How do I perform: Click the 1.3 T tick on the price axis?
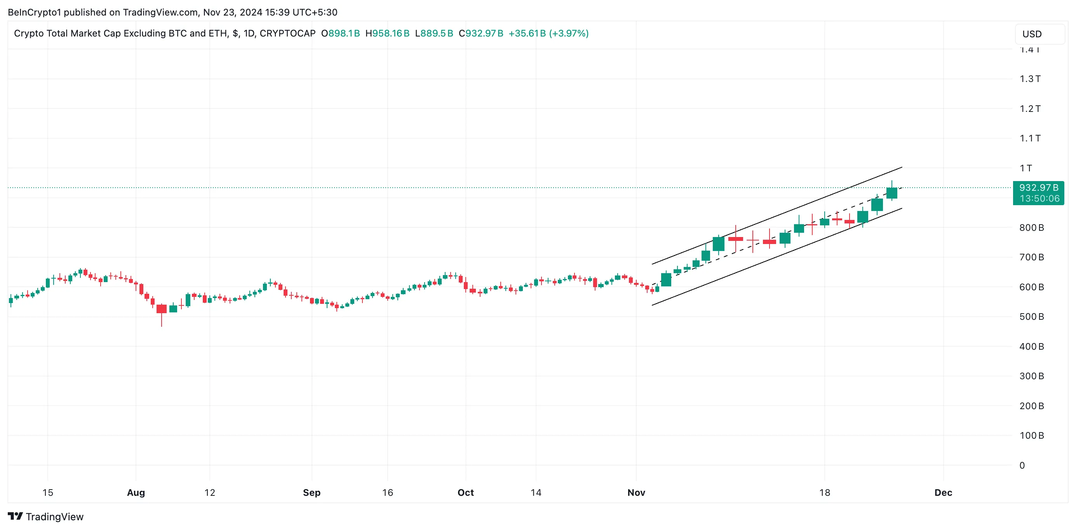(x=1030, y=79)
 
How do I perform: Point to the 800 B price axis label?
(x=1031, y=228)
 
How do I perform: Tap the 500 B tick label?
(x=1031, y=317)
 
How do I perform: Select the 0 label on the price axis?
(x=1022, y=465)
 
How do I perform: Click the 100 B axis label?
(x=1031, y=436)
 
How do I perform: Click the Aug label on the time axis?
(x=136, y=493)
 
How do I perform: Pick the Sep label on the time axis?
(x=312, y=493)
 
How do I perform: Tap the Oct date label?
(x=465, y=493)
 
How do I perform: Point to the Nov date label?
(x=636, y=493)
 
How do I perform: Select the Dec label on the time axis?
(x=943, y=493)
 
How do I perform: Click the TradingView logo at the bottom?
(x=46, y=517)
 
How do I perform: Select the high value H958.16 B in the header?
(x=387, y=33)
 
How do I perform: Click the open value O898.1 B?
(x=340, y=33)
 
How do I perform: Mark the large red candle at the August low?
(x=162, y=309)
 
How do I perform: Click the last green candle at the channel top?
(x=891, y=193)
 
